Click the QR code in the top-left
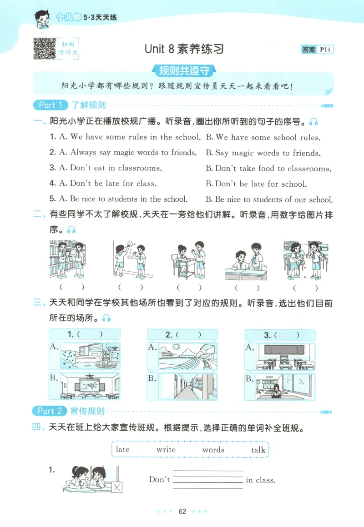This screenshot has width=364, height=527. pos(44,48)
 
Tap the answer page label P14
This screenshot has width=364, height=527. pos(325,50)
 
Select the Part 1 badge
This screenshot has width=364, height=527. pos(50,105)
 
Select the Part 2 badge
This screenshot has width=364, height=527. pos(50,411)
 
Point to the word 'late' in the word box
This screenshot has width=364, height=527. pos(122,449)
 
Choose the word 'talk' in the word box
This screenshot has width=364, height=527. pos(258,450)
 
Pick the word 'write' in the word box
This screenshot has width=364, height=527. pos(166,450)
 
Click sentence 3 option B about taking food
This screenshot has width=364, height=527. pos(268,169)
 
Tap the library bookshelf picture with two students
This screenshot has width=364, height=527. pos(67,259)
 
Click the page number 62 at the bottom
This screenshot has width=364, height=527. pos(182,511)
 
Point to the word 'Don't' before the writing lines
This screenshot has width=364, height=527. pos(159,479)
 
